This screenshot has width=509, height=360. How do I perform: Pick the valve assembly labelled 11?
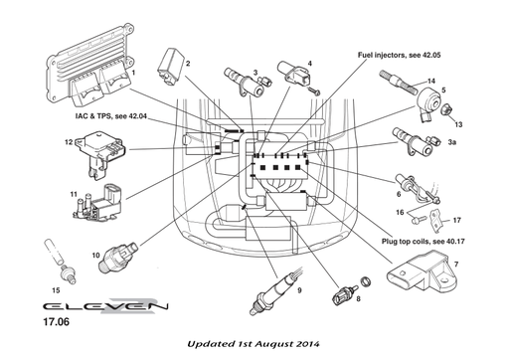91,199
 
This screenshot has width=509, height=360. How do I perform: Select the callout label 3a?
451,144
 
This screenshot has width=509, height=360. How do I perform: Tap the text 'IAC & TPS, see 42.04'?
110,116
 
